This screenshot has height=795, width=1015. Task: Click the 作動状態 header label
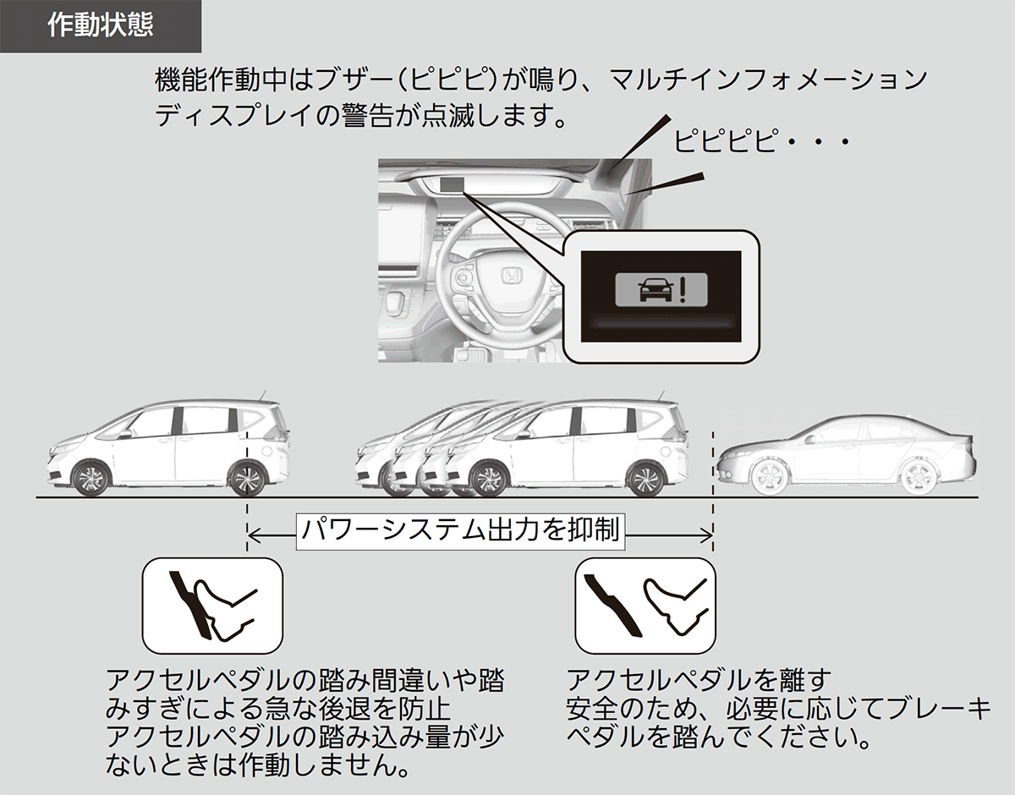101,25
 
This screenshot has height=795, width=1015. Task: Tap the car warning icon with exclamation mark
661,290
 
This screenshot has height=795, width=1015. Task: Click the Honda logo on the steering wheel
512,275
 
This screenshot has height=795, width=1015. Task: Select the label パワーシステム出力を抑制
461,531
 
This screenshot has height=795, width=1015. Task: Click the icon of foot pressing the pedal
212,606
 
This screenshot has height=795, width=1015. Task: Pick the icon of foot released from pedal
645,606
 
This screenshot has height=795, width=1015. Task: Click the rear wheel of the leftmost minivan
247,478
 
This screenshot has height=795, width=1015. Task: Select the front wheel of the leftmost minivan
91,478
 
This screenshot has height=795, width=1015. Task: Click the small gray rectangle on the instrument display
453,185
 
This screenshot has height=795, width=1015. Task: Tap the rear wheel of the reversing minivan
645,479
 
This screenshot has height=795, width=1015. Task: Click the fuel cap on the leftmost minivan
269,452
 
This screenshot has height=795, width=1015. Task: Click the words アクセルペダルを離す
700,680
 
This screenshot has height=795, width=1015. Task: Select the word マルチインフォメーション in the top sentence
768,80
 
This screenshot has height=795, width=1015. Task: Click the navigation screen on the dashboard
403,233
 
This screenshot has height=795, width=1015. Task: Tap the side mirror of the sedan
809,439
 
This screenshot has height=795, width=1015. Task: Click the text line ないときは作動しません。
258,765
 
